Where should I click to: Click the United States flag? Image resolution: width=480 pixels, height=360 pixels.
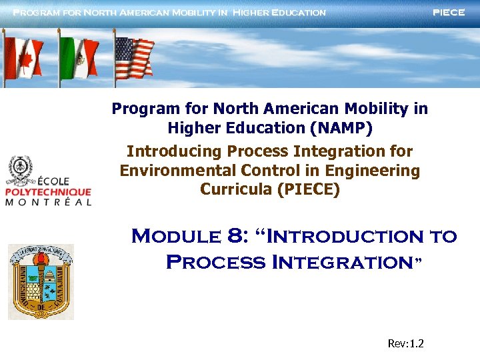(x=134, y=57)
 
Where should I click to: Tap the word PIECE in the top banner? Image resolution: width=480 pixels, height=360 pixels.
(x=449, y=13)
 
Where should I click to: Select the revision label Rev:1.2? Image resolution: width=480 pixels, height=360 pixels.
(x=405, y=344)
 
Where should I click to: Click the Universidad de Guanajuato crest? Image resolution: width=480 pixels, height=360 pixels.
(x=41, y=281)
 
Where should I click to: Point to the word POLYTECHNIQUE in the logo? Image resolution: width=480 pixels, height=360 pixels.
(x=48, y=192)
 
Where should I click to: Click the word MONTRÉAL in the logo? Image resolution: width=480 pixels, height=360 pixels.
(x=48, y=202)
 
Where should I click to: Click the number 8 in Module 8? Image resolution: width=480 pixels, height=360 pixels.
(x=234, y=236)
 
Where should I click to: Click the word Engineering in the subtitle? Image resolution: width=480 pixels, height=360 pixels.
(x=379, y=171)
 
